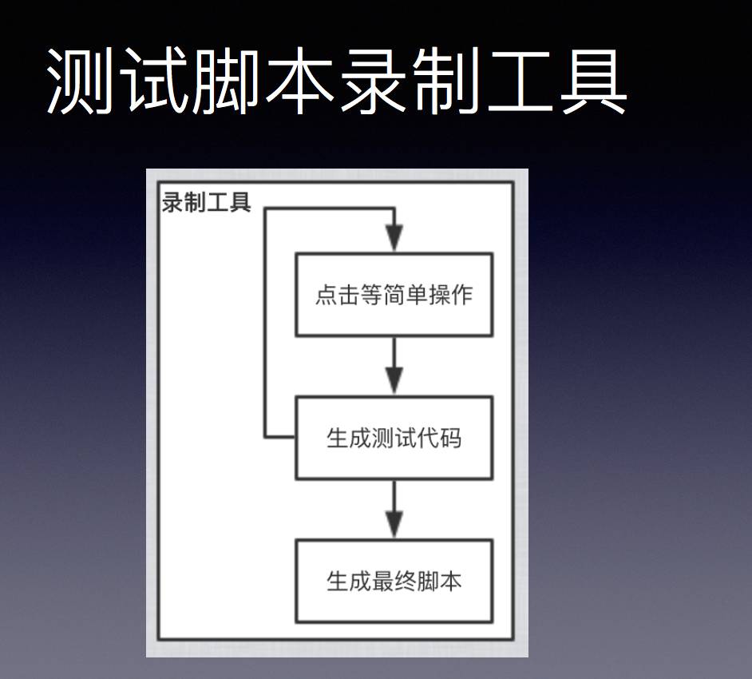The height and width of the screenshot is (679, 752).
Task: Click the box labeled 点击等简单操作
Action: click(394, 295)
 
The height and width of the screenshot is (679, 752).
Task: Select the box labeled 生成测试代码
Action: click(394, 438)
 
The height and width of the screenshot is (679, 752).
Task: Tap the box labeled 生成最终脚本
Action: click(394, 581)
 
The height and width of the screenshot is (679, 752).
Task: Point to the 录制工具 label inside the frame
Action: click(207, 203)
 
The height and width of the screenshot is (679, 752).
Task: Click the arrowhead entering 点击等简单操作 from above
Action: click(394, 238)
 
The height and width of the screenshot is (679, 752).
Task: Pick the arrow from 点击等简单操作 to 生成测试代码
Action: click(394, 366)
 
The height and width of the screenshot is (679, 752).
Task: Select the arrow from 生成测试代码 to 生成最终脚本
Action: click(394, 509)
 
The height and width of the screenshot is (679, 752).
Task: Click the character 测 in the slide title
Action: click(82, 81)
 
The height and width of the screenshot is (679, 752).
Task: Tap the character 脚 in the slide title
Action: click(228, 81)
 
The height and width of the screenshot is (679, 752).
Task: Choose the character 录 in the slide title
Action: click(374, 81)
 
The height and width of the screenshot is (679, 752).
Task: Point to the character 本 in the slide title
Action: click(300, 81)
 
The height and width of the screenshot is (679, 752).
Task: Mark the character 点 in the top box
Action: click(326, 296)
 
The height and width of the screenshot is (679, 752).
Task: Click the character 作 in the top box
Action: click(462, 296)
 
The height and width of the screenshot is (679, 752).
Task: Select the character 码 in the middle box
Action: click(450, 439)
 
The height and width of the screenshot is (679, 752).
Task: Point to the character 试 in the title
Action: click(155, 81)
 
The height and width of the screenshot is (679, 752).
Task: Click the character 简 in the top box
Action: click(394, 296)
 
